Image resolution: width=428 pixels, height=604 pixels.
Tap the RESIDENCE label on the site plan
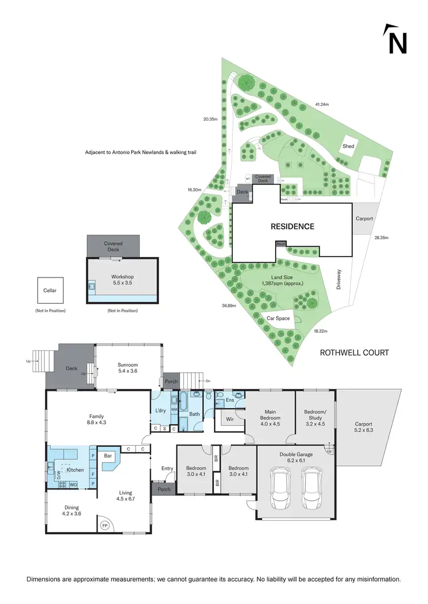pyautogui.click(x=292, y=226)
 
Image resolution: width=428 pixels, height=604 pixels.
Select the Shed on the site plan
pyautogui.click(x=348, y=146)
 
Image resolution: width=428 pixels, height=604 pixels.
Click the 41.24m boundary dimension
pyautogui.click(x=322, y=104)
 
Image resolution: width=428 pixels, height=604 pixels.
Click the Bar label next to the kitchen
pyautogui.click(x=108, y=456)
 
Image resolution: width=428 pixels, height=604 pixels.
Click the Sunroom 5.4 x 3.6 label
pyautogui.click(x=127, y=368)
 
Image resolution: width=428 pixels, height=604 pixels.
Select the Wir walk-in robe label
pyautogui.click(x=231, y=419)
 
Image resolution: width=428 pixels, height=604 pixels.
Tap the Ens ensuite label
pyautogui.click(x=231, y=401)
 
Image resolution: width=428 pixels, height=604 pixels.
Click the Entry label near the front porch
pyautogui.click(x=167, y=468)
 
